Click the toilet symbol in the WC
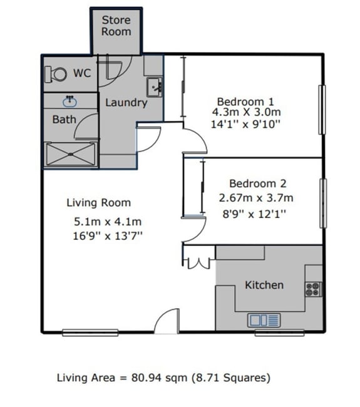click(56, 75)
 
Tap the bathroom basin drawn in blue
click(69, 101)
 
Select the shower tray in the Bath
click(71, 154)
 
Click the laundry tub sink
click(155, 87)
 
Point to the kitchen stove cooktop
click(314, 289)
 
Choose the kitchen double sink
click(264, 320)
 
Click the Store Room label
click(116, 26)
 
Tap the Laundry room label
click(126, 103)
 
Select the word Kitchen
click(264, 285)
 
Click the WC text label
click(82, 73)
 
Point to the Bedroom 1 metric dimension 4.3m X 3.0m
click(246, 112)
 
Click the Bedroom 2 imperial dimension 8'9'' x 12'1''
click(254, 214)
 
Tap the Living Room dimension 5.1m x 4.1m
click(108, 222)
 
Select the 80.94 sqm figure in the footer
click(159, 378)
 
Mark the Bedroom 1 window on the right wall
click(322, 110)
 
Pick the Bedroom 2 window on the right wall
click(323, 203)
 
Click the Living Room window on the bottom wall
click(90, 332)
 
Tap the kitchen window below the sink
click(279, 332)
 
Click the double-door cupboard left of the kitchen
click(199, 263)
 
